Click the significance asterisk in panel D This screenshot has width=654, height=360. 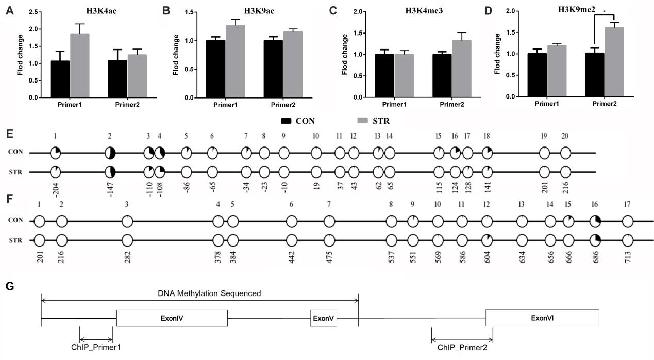coord(605,10)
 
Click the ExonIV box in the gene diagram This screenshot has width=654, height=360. coord(172,318)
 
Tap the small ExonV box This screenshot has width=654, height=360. coord(323,318)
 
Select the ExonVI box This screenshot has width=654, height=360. coord(542,318)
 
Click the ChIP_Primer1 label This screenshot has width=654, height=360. coord(96,347)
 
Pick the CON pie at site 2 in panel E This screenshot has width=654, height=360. coord(110,153)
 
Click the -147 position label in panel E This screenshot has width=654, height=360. coord(110,186)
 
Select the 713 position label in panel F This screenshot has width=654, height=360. coord(627,255)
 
